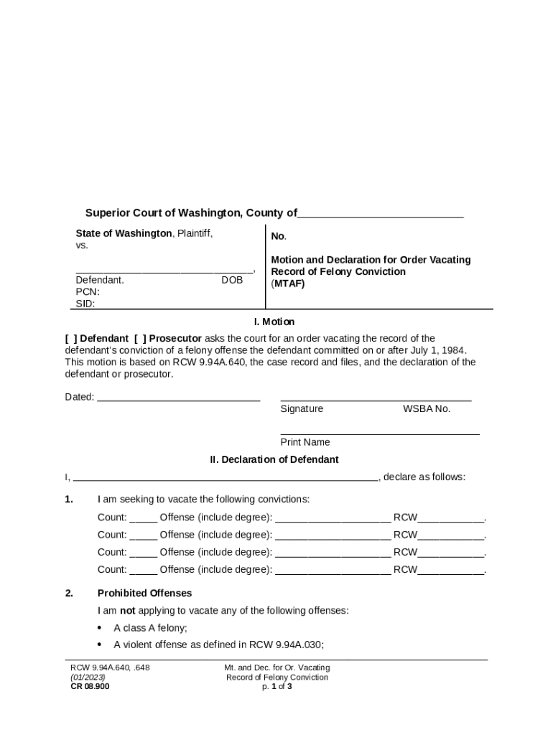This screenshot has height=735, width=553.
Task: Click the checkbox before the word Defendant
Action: (70, 339)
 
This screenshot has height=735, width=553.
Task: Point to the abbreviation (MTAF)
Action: (288, 284)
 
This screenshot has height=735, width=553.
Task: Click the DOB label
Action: (232, 281)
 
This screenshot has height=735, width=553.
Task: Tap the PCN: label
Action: (88, 292)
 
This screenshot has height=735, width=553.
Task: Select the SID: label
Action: (86, 304)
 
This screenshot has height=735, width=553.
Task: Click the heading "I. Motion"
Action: (274, 322)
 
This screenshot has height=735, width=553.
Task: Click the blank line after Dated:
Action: (178, 398)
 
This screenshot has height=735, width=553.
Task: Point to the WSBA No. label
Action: (427, 409)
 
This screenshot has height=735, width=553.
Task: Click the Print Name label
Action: (305, 442)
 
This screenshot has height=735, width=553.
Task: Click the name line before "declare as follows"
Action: (226, 477)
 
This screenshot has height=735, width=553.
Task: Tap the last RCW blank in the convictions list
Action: (451, 571)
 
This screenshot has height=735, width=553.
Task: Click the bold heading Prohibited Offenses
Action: (145, 594)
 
